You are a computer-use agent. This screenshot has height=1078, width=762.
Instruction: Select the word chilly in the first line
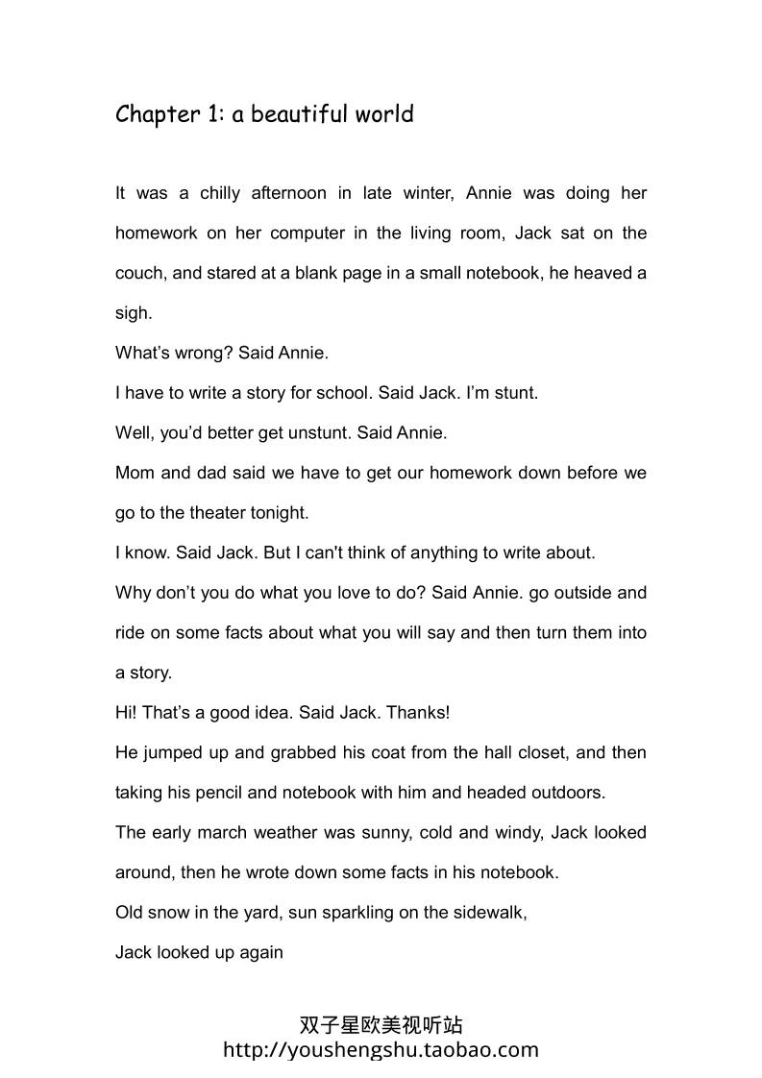(x=220, y=193)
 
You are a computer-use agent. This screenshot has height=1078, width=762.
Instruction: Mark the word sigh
(x=132, y=313)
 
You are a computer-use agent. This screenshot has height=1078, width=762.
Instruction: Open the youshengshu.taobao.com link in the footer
(x=381, y=1050)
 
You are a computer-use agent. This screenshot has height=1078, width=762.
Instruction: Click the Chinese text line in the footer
(x=381, y=1026)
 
